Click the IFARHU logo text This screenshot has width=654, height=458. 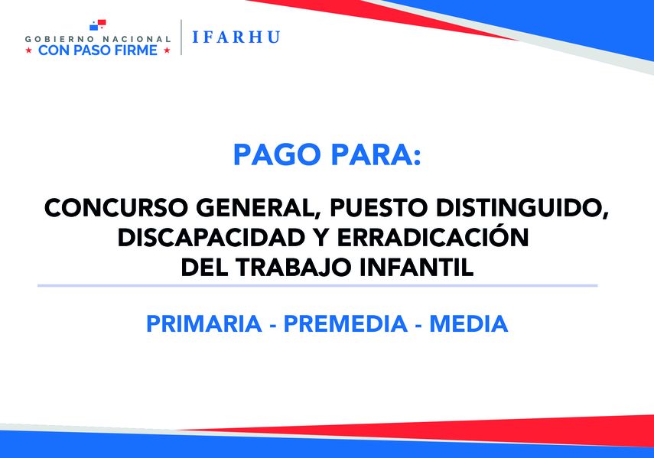coord(236,37)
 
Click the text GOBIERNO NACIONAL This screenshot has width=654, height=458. coord(98,38)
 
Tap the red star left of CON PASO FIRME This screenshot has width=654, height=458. coord(30,50)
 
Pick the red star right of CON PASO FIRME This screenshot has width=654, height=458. coord(166,50)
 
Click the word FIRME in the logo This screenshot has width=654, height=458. coord(137,50)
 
